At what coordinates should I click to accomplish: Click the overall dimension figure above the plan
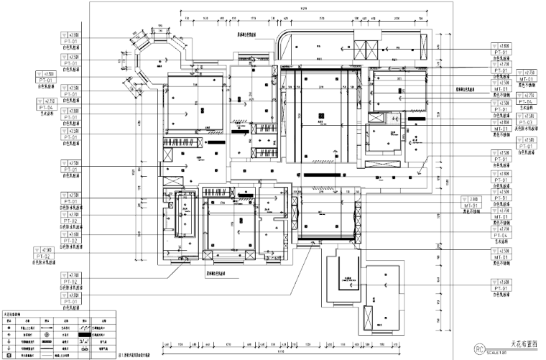(x=306, y=9)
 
